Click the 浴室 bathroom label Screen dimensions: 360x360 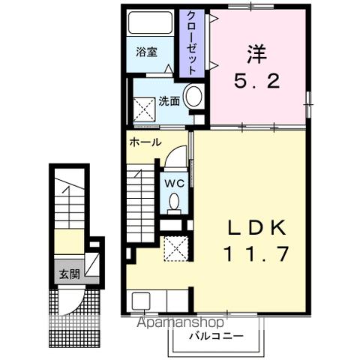point(147,52)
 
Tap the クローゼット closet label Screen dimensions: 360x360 point(192,42)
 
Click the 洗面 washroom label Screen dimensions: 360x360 point(168,101)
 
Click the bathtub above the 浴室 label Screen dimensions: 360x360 point(150,24)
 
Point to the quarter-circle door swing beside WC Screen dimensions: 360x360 point(174,157)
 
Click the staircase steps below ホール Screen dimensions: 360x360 point(139,202)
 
